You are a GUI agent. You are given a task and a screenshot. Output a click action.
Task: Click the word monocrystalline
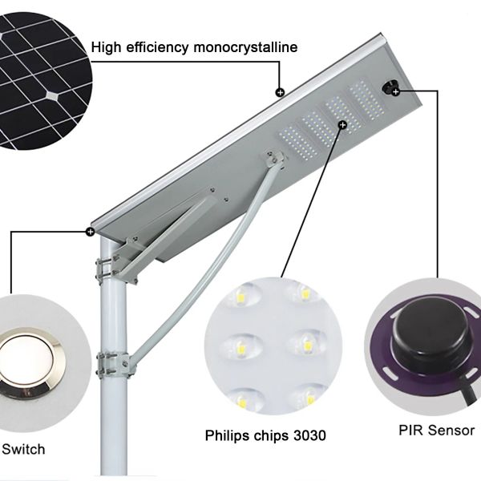[x=245, y=47]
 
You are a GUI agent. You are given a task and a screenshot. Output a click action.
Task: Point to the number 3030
[x=309, y=435]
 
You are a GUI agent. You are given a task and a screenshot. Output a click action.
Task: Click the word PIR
[x=411, y=430]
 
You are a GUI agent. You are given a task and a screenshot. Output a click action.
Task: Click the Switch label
[x=23, y=450]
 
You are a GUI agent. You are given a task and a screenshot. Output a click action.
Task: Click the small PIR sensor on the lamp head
[x=390, y=87]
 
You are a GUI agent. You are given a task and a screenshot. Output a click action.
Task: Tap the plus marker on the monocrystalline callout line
[x=280, y=92]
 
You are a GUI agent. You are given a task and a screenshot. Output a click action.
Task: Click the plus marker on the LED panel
[x=342, y=125]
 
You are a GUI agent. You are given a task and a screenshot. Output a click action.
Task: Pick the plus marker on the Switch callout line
[x=90, y=232]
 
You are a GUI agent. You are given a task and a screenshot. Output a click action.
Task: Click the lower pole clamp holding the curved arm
[x=114, y=364]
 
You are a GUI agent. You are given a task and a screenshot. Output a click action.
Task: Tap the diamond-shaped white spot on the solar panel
[x=52, y=96]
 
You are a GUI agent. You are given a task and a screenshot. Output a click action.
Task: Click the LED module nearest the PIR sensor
[x=367, y=101]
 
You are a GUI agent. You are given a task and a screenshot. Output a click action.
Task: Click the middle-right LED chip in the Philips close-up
[x=307, y=345]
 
